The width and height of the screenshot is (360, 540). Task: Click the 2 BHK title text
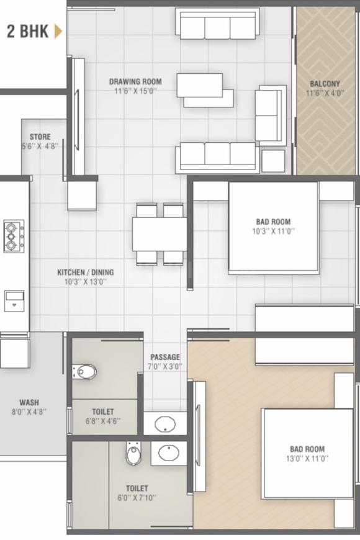click(x=27, y=32)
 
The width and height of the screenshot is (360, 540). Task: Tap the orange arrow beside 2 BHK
click(x=58, y=31)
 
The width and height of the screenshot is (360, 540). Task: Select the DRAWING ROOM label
click(x=135, y=81)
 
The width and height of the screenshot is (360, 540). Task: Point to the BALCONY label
click(x=325, y=84)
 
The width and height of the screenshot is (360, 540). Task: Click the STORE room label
click(x=40, y=137)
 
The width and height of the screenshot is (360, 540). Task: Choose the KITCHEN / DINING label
click(x=86, y=272)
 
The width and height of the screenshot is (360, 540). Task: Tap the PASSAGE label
click(x=165, y=357)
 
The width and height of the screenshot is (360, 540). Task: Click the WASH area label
click(x=29, y=402)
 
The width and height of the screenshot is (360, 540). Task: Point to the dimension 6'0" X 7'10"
click(x=137, y=497)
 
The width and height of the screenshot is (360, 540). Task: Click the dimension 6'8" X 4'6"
click(x=102, y=421)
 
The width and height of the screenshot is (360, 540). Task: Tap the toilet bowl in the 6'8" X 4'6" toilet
click(x=85, y=372)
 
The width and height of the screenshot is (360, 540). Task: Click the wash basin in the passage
click(x=165, y=425)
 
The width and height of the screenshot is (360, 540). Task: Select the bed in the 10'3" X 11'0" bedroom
click(x=273, y=227)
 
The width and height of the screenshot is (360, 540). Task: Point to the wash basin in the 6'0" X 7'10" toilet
click(x=168, y=452)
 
